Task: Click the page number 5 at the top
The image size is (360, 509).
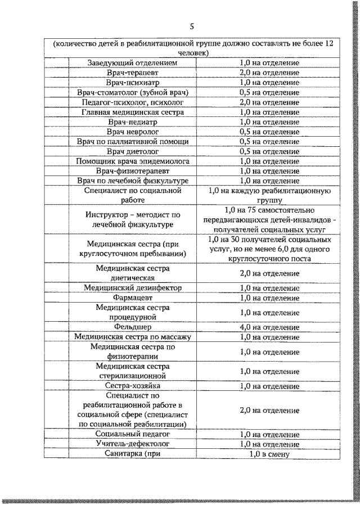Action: (192, 26)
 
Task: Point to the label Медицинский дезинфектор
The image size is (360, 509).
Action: (133, 287)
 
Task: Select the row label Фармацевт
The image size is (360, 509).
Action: (133, 298)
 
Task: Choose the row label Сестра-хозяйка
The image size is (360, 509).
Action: (133, 386)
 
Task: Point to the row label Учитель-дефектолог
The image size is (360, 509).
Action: (133, 444)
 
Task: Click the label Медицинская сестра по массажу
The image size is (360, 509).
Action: (133, 337)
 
